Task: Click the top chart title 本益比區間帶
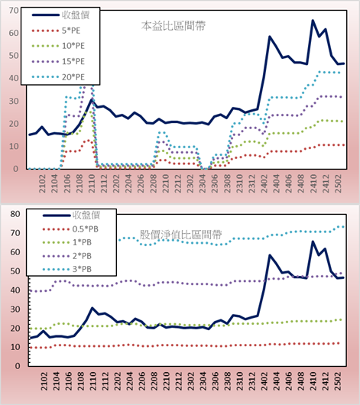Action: tap(174, 26)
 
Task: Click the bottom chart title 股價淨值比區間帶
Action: tap(180, 235)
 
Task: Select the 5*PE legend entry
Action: tap(56, 31)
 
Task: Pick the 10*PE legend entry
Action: tap(58, 46)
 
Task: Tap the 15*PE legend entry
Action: tap(58, 61)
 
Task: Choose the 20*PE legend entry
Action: tap(58, 77)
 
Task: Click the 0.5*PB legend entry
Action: tap(70, 229)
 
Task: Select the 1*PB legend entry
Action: tap(67, 242)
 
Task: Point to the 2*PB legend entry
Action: tap(67, 256)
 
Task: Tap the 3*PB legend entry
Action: tap(67, 269)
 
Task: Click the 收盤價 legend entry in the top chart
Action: tap(60, 15)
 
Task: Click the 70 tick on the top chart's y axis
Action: tap(14, 11)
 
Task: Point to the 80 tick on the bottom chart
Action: tap(15, 214)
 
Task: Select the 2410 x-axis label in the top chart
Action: tap(313, 183)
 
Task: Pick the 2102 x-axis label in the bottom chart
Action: tap(44, 381)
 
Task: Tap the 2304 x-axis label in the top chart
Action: tap(203, 183)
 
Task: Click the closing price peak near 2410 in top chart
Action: tap(313, 20)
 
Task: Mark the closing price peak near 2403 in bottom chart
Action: tap(270, 255)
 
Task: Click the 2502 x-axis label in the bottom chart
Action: tap(339, 381)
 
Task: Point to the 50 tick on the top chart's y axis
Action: tap(14, 56)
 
